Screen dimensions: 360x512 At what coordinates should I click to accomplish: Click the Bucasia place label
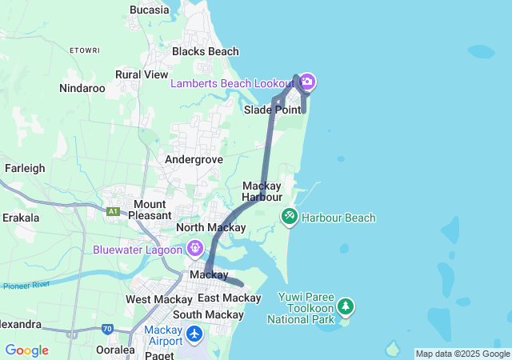pos(149,10)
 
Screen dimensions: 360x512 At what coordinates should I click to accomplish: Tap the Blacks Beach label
pos(206,51)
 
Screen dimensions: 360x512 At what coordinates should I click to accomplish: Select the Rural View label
pos(142,74)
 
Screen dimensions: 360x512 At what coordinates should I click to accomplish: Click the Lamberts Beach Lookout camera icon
pos(307,82)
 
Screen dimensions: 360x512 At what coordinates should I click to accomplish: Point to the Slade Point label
pos(272,109)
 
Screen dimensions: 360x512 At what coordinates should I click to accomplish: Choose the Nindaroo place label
pos(82,89)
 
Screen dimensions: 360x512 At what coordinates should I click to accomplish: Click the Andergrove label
pos(194,159)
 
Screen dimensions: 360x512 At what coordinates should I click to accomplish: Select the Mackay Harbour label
pos(262,191)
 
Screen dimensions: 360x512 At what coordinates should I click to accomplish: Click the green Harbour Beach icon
pos(289,217)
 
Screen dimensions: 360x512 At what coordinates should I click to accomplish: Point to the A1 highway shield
pos(113,211)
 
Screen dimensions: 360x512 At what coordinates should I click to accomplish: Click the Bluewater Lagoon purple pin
pos(195,250)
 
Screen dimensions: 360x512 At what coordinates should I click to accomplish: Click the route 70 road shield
pos(108,328)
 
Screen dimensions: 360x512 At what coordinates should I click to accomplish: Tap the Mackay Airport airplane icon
pos(196,333)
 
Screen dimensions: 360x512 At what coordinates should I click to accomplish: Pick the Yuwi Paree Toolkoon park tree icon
pos(345,306)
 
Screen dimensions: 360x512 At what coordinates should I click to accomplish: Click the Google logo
pos(26,350)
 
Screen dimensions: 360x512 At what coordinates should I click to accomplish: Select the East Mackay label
pos(230,298)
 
